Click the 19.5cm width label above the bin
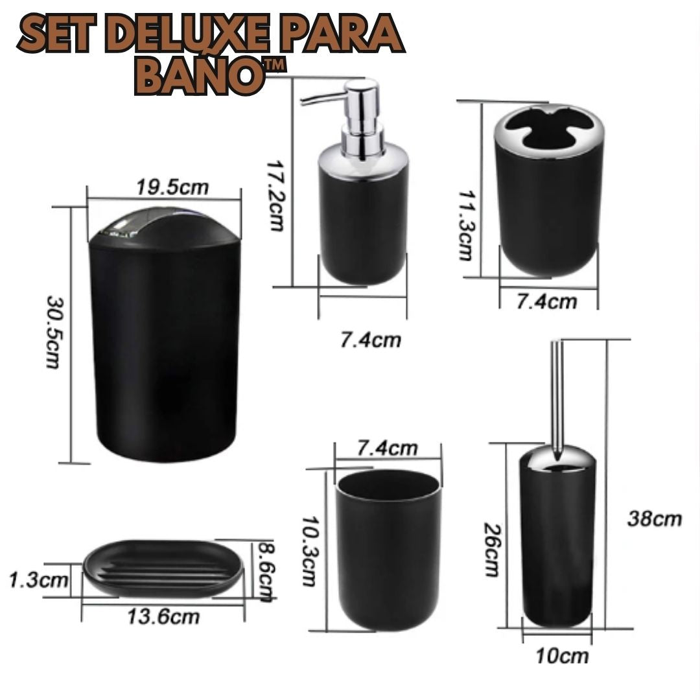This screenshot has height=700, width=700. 172,187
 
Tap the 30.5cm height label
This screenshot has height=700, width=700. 54,332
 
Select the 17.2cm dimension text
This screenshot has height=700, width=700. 275,196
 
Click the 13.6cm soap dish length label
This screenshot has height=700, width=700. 163,617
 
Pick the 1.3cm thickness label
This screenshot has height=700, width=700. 38,580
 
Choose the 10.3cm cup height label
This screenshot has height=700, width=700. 309,552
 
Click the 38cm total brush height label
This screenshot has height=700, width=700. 655,519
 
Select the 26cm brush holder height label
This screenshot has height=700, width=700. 493,550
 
